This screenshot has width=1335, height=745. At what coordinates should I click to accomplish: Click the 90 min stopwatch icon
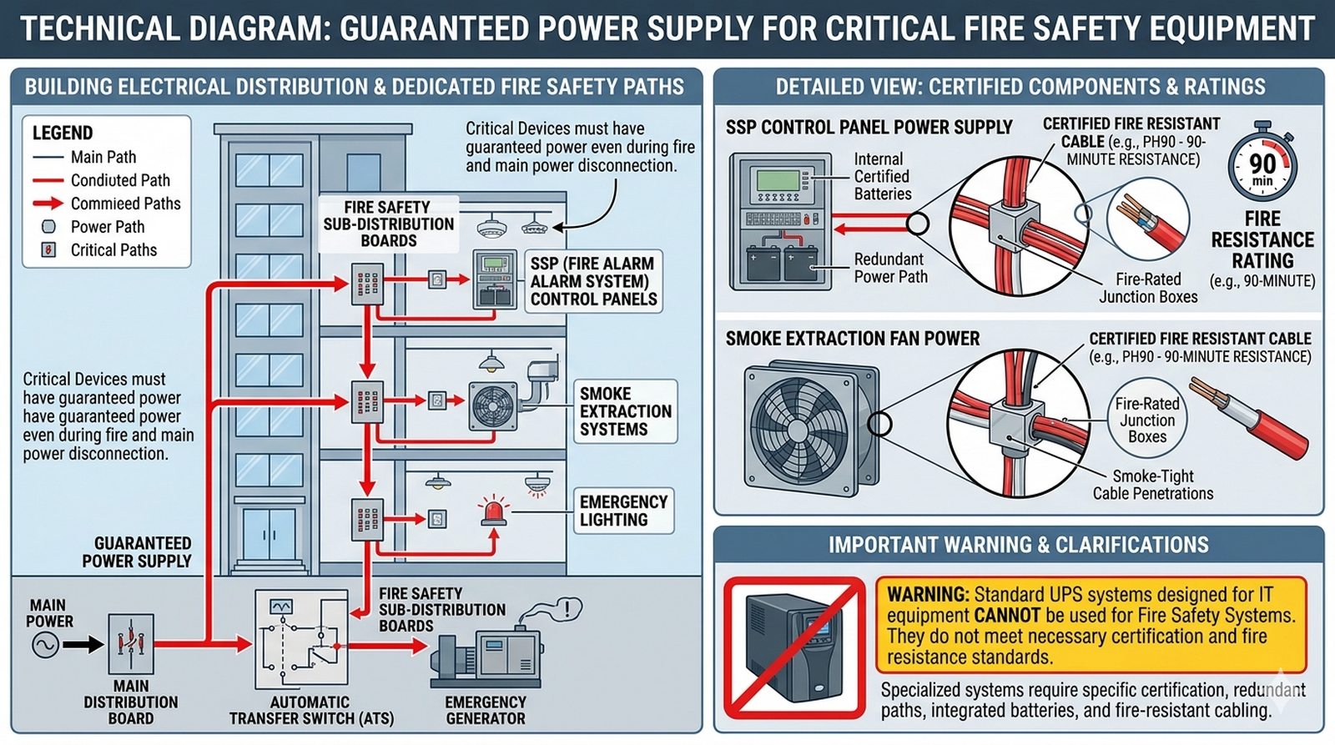pyautogui.click(x=1262, y=164)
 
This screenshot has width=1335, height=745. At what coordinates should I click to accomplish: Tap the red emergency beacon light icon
pyautogui.click(x=493, y=511)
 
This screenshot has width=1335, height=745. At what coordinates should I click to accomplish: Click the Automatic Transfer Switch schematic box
pyautogui.click(x=301, y=638)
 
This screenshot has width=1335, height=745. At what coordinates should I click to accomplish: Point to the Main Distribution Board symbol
pyautogui.click(x=131, y=644)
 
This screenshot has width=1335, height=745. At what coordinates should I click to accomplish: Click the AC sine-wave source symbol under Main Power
pyautogui.click(x=45, y=644)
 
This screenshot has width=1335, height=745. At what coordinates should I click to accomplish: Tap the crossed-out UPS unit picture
pyautogui.click(x=793, y=647)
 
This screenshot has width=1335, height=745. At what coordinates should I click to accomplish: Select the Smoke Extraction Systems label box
pyautogui.click(x=625, y=411)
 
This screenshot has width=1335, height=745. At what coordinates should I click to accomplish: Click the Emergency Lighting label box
pyautogui.click(x=623, y=511)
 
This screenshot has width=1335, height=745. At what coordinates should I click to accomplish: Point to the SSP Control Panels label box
pyautogui.click(x=593, y=281)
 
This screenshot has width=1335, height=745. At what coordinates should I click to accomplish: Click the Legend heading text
pyautogui.click(x=63, y=133)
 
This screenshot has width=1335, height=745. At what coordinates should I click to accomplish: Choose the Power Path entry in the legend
pyautogui.click(x=107, y=227)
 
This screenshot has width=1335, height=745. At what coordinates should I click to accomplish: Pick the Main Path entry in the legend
pyautogui.click(x=103, y=157)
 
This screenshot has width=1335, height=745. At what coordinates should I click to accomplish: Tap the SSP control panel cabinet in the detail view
pyautogui.click(x=780, y=221)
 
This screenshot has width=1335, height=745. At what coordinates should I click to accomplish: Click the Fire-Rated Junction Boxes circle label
pyautogui.click(x=1147, y=420)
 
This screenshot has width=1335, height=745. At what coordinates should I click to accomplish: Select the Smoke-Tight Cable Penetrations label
pyautogui.click(x=1153, y=485)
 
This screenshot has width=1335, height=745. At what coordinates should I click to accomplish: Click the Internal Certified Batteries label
pyautogui.click(x=882, y=177)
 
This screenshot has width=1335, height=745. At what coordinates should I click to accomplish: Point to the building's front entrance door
pyautogui.click(x=269, y=535)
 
